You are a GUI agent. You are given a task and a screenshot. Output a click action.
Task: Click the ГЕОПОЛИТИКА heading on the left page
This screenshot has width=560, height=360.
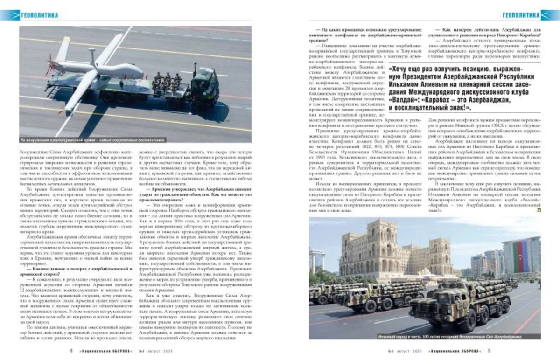tap(40, 15)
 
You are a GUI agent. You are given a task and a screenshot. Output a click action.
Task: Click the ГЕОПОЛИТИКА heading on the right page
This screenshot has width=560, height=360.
tap(520, 15)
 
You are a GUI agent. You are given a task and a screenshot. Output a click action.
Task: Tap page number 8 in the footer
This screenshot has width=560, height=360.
tap(71, 351)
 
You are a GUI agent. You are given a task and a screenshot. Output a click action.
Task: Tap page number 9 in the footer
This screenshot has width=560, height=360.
tap(489, 351)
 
